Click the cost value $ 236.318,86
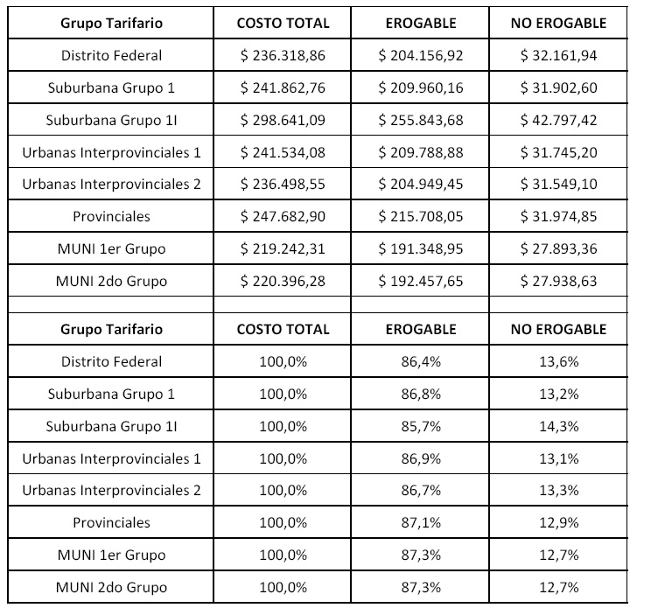[x=283, y=56]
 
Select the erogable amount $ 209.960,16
[x=421, y=88]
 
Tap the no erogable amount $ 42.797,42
[x=558, y=121]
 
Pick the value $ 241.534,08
[x=283, y=153]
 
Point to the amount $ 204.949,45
[x=421, y=185]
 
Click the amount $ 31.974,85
[x=558, y=217]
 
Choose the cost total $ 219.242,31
[x=283, y=249]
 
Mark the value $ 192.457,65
[x=421, y=282]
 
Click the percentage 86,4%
[x=421, y=361]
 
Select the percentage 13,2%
[x=558, y=394]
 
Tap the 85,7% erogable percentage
[x=421, y=426]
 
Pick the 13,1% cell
[x=558, y=458]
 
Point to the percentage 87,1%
[x=421, y=522]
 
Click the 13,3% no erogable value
[x=558, y=490]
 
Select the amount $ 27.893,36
[x=558, y=249]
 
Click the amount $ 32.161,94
[x=558, y=56]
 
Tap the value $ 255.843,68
[x=421, y=121]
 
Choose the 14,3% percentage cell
[x=558, y=426]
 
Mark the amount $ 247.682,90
[x=283, y=217]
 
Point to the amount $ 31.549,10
[x=558, y=185]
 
